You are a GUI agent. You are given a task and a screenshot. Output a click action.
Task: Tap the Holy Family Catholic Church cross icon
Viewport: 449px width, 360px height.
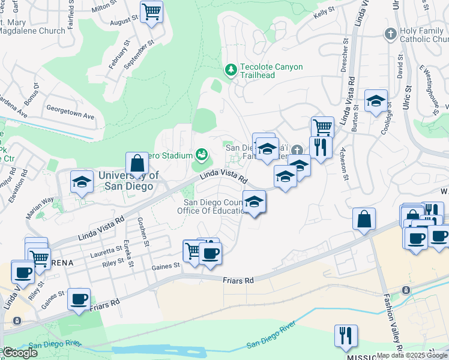[x=391, y=34]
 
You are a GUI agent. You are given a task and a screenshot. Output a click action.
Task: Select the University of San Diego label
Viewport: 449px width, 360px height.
[x=128, y=180]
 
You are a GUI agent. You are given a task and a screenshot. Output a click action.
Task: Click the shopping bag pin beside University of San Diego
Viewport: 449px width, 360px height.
[x=137, y=164]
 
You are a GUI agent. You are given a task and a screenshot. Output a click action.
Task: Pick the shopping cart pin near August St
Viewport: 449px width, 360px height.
[x=152, y=12]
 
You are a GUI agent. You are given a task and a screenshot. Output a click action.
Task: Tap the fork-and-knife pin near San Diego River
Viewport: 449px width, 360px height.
[x=346, y=337]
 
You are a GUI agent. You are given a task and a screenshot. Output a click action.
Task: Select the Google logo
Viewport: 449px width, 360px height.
[x=19, y=353]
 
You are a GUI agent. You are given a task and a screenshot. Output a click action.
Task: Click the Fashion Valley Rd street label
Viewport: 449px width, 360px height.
[x=392, y=322]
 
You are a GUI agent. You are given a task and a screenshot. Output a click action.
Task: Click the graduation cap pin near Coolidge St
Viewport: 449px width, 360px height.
[x=376, y=101]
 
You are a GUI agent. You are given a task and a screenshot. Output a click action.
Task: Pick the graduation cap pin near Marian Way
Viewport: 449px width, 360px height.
[x=81, y=183]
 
